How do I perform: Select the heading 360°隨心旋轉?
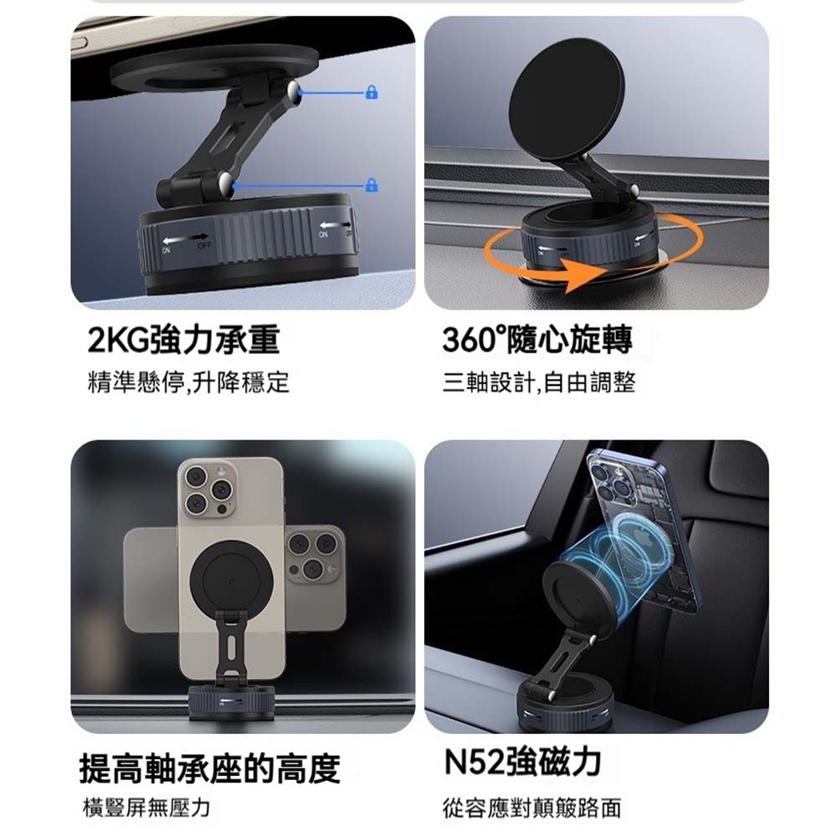[537, 341]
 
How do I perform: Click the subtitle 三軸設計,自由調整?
[539, 383]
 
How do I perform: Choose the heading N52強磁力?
[522, 762]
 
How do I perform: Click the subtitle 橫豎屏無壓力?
[146, 809]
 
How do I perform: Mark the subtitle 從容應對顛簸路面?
[532, 809]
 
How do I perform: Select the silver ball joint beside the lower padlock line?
[226, 183]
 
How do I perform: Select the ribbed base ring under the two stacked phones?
[230, 703]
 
